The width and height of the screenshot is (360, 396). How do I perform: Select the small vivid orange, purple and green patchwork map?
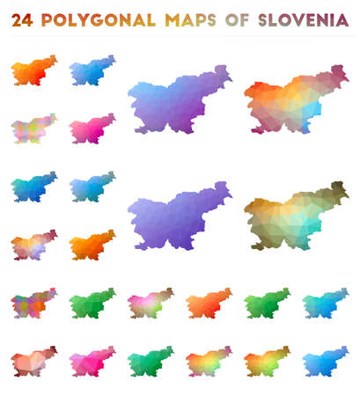click(33, 304)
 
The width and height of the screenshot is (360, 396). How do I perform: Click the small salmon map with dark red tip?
click(33, 360)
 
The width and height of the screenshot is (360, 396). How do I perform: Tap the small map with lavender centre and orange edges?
click(33, 246)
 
